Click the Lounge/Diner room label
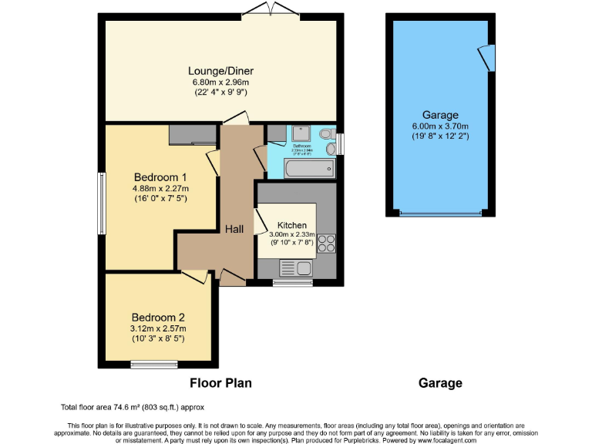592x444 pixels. tap(220, 71)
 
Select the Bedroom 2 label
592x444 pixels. tap(157, 317)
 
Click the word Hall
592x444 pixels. tap(234, 229)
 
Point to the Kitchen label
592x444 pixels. tap(286, 225)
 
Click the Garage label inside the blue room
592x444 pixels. tap(440, 115)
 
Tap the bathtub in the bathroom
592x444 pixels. tap(308, 167)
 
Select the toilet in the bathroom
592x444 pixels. tap(328, 146)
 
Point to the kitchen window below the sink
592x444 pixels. tap(293, 283)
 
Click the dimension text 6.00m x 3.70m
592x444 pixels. tap(440, 126)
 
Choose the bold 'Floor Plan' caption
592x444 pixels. tap(220, 382)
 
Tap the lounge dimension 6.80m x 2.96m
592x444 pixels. tap(220, 82)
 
